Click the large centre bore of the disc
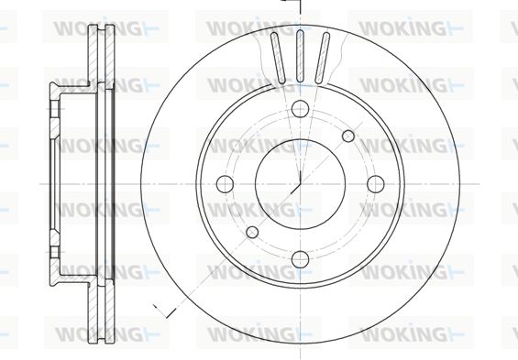click(300, 184)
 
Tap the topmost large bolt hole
click(300, 108)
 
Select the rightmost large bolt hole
click(376, 184)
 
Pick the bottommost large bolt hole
click(300, 259)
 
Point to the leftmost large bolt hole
click(225, 184)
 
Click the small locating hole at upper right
click(348, 136)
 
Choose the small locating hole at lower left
click(252, 232)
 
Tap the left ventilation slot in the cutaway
click(278, 58)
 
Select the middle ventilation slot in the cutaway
click(300, 56)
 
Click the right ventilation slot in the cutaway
click(322, 58)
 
